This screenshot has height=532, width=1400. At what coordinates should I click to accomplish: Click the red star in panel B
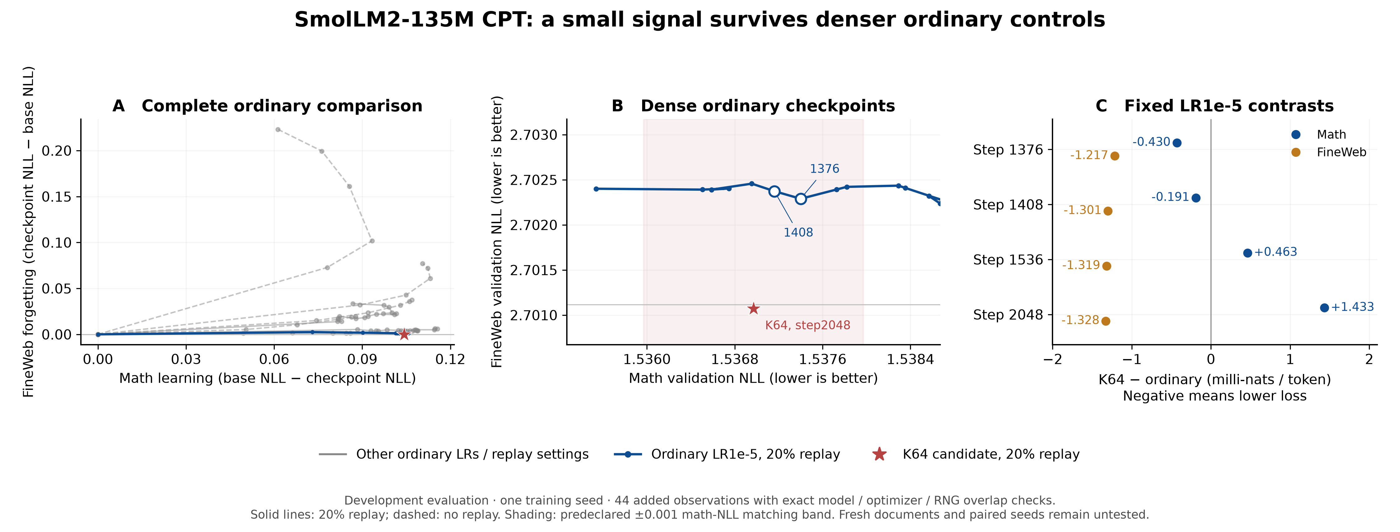pyautogui.click(x=753, y=309)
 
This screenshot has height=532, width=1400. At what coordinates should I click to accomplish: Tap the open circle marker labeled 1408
pyautogui.click(x=774, y=191)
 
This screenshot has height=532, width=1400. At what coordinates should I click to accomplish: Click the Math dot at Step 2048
pyautogui.click(x=1324, y=308)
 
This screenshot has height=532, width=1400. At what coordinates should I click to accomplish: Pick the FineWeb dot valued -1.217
pyautogui.click(x=1115, y=156)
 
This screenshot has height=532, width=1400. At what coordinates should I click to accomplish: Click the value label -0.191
pyautogui.click(x=1170, y=197)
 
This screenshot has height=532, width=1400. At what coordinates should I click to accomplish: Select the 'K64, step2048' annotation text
pyautogui.click(x=808, y=325)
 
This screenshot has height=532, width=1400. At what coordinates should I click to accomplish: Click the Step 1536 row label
pyautogui.click(x=1008, y=260)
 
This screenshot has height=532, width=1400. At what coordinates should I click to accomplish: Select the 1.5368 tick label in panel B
pyautogui.click(x=735, y=359)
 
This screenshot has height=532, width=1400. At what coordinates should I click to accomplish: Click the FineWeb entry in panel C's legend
pyautogui.click(x=1341, y=152)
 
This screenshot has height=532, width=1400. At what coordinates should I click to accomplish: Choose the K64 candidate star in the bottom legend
pyautogui.click(x=879, y=454)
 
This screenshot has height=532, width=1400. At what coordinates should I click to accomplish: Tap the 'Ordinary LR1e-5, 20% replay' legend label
pyautogui.click(x=746, y=454)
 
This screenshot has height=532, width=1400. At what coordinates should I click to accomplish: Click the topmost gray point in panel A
pyautogui.click(x=278, y=129)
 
